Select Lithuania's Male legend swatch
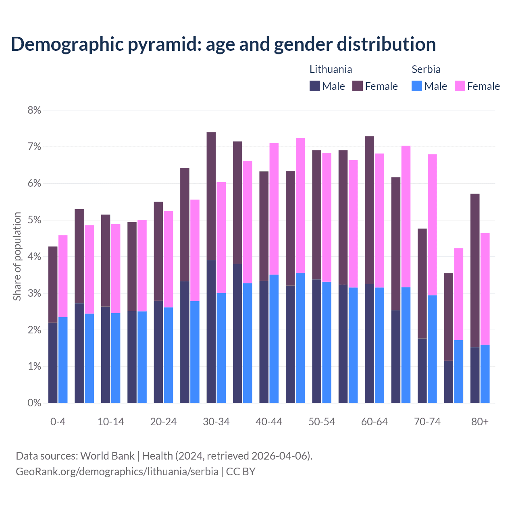pos(315,86)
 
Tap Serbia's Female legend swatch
pos(460,86)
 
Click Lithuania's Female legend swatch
pos(358,86)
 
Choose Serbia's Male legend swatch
pos(417,86)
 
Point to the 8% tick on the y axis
pos(34,110)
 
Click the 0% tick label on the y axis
pos(34,403)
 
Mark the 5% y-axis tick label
pos(34,220)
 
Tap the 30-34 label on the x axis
pos(216,422)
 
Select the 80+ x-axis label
pos(480,422)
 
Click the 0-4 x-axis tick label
pos(58,422)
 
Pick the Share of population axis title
pos(17,256)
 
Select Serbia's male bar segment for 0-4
pos(63,360)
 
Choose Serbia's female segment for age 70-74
pos(432,225)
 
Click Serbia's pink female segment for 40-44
pos(274,209)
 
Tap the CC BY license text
pos(241,472)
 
